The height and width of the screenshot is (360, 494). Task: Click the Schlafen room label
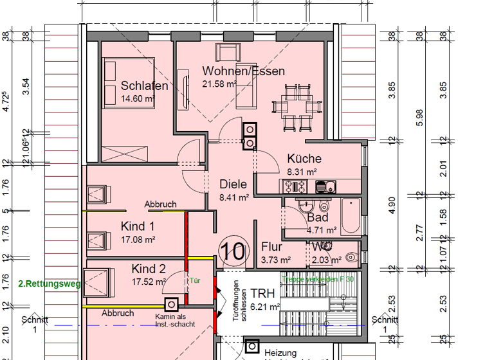point(144,86)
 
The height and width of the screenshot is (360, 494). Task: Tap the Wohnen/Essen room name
point(243,71)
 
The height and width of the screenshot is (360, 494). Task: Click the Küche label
point(304,159)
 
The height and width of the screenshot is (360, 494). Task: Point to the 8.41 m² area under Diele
point(234,198)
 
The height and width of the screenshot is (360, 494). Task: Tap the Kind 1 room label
point(138,226)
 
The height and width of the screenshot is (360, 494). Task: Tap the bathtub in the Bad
point(351,216)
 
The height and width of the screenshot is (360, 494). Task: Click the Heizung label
point(280,353)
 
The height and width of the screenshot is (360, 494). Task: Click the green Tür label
point(194,281)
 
